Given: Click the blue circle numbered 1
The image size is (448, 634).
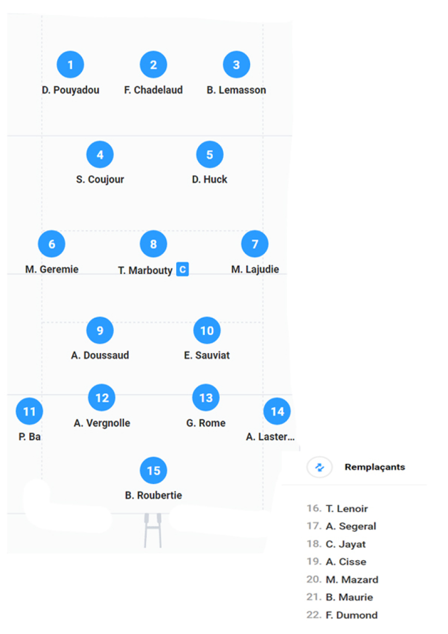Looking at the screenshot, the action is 70,64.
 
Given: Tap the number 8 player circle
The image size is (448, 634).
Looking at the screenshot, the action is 153,244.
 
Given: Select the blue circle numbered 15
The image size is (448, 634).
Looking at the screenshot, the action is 153,470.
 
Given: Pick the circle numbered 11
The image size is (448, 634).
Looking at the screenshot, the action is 30,411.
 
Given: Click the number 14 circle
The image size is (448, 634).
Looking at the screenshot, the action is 277,411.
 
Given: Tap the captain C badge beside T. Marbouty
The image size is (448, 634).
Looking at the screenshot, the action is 182,269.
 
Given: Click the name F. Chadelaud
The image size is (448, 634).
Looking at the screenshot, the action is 153,90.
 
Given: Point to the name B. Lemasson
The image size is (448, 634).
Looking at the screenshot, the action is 236,90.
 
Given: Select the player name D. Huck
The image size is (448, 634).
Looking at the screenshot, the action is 209,179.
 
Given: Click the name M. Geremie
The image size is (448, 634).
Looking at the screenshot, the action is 52,269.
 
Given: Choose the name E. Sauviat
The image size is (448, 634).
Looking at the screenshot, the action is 207,355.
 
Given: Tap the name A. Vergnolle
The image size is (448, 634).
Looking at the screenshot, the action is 102,423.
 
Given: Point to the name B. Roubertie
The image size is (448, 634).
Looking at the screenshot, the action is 153,495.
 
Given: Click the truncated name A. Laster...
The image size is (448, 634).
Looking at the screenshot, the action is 270,436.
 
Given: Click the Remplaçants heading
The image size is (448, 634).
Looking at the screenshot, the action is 375,467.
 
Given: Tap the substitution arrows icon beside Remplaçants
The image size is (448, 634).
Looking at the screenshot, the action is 319,467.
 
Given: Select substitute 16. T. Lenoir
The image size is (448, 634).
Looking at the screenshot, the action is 337,509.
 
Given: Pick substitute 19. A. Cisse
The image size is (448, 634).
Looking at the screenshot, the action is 336,562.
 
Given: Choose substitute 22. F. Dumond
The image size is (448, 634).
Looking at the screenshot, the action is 342,615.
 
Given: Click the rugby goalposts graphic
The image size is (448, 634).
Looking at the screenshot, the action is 153,531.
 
